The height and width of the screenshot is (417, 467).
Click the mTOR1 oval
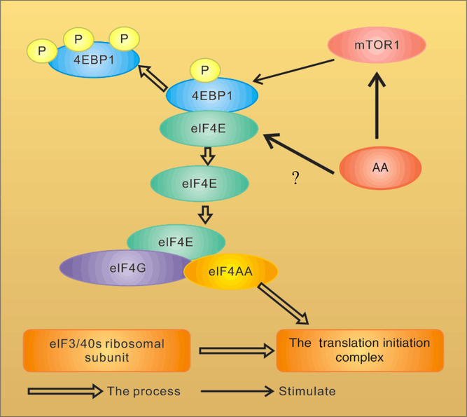[377, 46]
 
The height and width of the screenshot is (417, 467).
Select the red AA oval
[380, 168]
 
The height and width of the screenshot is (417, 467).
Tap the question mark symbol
[295, 179]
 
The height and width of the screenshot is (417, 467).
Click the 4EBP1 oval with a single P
[211, 95]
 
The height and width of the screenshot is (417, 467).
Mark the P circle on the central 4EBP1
[204, 70]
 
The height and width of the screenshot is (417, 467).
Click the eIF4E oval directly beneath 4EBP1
[210, 129]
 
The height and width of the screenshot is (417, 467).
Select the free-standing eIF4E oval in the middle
[200, 184]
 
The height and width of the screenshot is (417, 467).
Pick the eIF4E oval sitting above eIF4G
[176, 240]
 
